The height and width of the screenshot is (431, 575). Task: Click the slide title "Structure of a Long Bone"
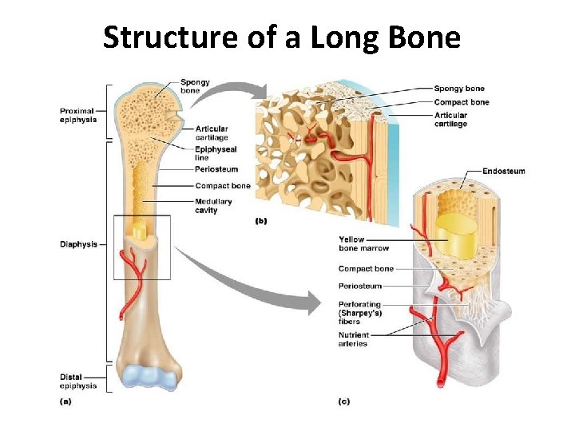282,37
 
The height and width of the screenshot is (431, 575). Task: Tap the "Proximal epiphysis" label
77,115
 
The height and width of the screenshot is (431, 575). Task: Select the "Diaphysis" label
78,244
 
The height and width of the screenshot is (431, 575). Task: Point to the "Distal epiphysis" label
77,381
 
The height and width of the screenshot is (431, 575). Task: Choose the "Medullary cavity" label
212,206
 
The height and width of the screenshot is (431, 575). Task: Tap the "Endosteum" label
504,171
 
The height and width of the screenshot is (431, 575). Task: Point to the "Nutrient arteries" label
353,339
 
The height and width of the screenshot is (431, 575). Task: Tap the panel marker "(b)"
260,221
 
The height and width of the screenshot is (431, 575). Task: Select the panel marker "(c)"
343,401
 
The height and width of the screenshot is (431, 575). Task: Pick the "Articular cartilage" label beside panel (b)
451,120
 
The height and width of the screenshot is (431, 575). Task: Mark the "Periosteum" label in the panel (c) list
360,286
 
